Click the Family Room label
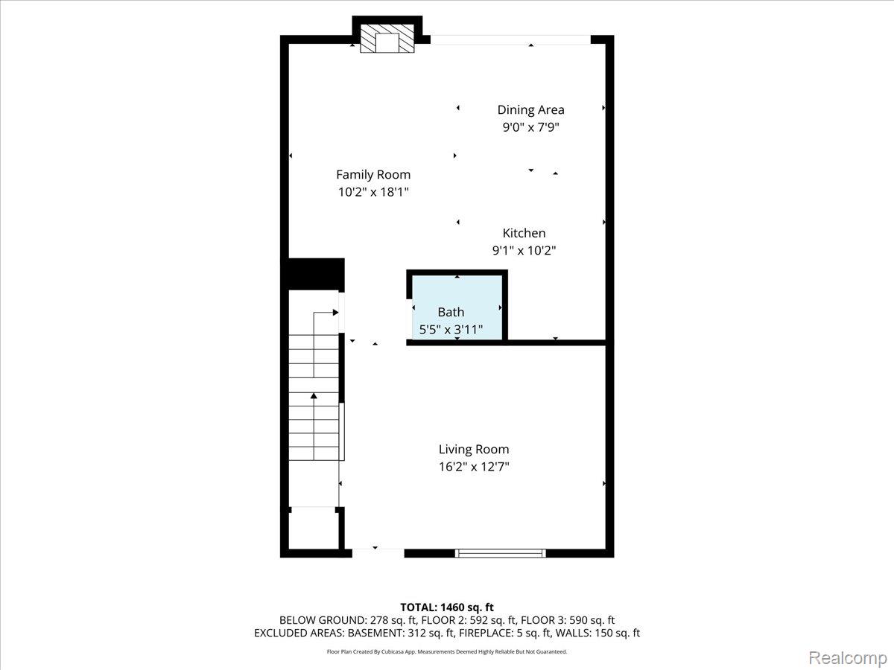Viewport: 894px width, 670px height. click(373, 174)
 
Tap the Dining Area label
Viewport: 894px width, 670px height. click(530, 110)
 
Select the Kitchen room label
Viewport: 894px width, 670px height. click(524, 233)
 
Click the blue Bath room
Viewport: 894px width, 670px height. click(457, 307)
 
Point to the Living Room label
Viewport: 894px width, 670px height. click(474, 449)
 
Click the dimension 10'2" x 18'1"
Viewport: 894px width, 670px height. click(373, 192)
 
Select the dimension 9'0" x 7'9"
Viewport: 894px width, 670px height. click(530, 127)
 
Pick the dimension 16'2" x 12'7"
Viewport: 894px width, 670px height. click(474, 467)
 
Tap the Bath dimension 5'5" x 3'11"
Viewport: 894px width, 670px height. click(451, 330)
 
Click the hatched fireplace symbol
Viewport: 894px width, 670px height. click(387, 38)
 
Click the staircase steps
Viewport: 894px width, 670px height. click(314, 397)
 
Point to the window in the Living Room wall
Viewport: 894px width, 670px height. click(500, 553)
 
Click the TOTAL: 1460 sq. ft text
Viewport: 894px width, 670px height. click(447, 607)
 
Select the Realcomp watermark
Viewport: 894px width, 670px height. click(848, 658)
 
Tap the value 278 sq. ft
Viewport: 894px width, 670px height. click(393, 620)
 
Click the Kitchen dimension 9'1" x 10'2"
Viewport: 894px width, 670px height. click(524, 250)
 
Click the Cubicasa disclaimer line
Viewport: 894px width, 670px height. click(447, 651)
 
